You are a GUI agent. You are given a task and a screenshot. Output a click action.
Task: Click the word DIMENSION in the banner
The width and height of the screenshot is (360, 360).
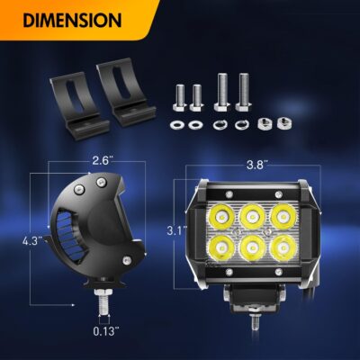click(72, 21)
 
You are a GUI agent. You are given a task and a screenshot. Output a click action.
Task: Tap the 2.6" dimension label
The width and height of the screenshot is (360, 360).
click(100, 161)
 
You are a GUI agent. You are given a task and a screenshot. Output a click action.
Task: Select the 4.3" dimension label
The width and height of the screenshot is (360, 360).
click(33, 240)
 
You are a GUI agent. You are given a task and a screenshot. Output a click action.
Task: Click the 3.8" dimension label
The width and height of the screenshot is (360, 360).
click(256, 165)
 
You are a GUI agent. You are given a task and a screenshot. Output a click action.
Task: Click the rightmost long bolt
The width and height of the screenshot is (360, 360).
click(244, 92)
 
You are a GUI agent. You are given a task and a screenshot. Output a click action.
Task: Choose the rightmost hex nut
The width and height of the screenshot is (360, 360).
click(283, 123)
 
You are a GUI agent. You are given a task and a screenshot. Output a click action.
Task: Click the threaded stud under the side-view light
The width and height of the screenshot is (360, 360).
click(103, 302)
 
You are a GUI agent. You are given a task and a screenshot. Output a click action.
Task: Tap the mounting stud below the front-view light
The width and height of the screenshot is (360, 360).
click(255, 322)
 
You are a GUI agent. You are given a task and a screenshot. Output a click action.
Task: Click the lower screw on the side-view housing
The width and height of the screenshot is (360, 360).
click(127, 259)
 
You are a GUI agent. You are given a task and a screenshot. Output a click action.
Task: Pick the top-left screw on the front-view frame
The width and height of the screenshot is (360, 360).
click(229, 193)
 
